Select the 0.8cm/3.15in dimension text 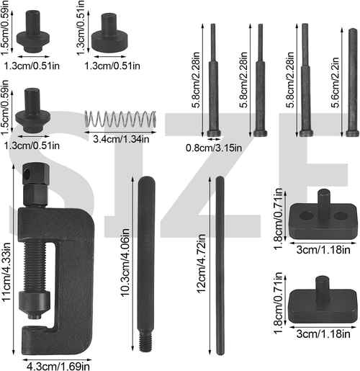coord(215,149)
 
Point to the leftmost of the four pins coord(213,79)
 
